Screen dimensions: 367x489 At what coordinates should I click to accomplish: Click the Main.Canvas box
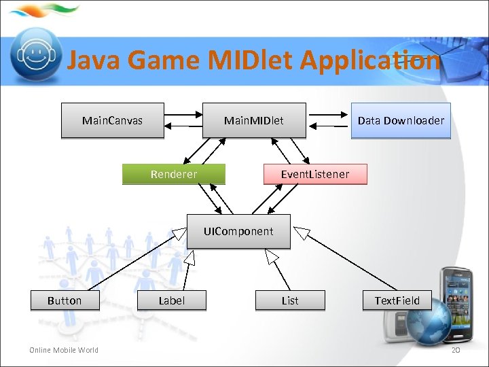(x=113, y=121)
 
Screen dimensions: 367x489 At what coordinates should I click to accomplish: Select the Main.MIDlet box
(x=254, y=121)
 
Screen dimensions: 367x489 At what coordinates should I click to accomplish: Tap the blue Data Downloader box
(x=401, y=121)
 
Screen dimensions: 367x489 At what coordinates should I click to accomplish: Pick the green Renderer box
(x=174, y=175)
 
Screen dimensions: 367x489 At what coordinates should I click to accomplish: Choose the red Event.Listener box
(x=315, y=175)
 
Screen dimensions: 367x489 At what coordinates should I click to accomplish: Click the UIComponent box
(x=238, y=232)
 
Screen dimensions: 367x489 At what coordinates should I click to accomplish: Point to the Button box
(x=65, y=300)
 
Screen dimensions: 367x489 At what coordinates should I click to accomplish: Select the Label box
(x=171, y=300)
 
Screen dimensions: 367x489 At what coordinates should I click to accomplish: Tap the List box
(x=290, y=300)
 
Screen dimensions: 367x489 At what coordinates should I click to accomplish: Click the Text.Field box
(x=397, y=300)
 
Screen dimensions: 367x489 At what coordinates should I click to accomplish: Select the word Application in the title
(x=369, y=61)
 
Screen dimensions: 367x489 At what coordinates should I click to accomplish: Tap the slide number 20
(x=456, y=350)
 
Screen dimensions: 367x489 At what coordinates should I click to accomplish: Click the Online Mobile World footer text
(x=63, y=350)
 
